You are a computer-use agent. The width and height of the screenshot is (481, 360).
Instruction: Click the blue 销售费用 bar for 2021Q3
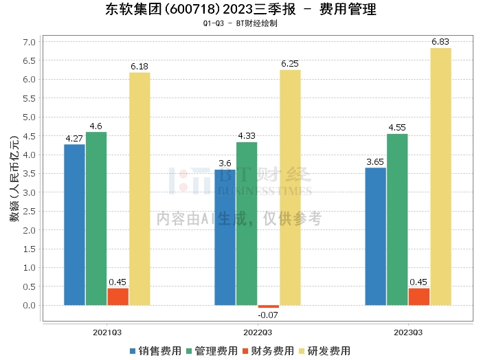coord(74,225)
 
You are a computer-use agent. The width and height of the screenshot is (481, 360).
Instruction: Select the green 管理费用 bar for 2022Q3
coord(247,223)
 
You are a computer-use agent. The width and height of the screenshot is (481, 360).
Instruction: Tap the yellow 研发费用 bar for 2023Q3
coord(440,177)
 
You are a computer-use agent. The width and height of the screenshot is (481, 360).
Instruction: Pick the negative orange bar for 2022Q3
coord(268,306)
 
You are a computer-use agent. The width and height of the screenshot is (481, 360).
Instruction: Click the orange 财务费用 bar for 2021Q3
coord(118,297)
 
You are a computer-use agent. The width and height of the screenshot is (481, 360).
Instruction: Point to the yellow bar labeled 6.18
coord(139,189)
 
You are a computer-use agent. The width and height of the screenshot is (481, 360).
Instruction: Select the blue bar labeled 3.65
coord(375,236)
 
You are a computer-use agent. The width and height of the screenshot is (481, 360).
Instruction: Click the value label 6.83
coord(440,43)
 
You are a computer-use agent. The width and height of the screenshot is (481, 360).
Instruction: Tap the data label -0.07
coord(268,315)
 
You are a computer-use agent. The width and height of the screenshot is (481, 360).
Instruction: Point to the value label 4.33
coord(247,137)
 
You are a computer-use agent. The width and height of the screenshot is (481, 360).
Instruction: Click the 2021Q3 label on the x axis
coord(107,332)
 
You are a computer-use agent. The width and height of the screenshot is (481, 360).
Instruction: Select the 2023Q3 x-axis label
coord(408,332)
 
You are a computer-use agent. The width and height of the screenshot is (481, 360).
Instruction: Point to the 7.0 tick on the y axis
coord(29,42)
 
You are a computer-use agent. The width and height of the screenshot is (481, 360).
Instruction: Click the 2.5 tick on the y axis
coord(29,211)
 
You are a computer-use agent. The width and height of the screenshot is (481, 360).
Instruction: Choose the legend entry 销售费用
coord(155,350)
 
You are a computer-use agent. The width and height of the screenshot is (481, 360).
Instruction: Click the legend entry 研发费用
coord(324,350)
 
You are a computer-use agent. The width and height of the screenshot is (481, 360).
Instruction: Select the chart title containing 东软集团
coord(240,10)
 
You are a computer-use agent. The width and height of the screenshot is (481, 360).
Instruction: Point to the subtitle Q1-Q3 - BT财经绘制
coord(240,23)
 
